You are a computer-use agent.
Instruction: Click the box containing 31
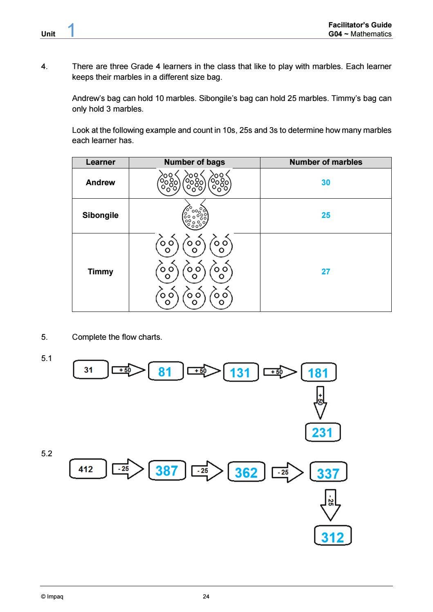click(91, 370)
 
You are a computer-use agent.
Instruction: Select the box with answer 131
click(241, 372)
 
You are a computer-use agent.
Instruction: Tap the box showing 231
click(323, 433)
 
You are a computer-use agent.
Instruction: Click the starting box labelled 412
click(88, 469)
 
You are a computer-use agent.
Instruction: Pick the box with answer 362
click(246, 472)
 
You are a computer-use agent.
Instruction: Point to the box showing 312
click(332, 536)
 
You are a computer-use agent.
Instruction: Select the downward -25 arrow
click(330, 504)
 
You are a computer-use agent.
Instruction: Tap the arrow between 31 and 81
click(128, 370)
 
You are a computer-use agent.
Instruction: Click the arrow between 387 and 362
click(207, 471)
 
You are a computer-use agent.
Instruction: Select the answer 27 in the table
click(325, 271)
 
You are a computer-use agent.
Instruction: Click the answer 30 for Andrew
click(325, 182)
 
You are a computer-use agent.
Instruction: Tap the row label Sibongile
click(100, 215)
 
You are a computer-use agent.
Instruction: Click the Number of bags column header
click(194, 162)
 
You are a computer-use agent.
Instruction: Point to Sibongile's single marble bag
click(195, 215)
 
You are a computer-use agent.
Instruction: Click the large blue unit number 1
click(71, 30)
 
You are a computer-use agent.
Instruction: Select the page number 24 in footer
click(206, 596)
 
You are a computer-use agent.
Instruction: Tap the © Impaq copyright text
click(52, 596)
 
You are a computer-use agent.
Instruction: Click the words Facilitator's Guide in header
click(360, 25)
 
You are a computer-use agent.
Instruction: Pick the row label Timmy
click(100, 271)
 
